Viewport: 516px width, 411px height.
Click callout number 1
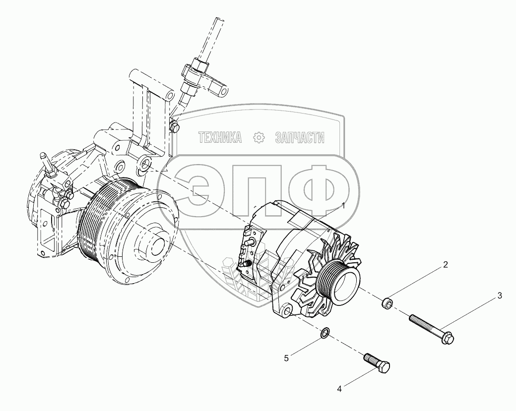click(x=343, y=206)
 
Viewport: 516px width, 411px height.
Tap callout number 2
click(x=445, y=265)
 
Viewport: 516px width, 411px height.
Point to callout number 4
click(x=339, y=389)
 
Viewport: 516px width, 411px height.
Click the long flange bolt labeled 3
click(x=432, y=330)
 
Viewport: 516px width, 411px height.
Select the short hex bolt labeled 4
click(x=377, y=363)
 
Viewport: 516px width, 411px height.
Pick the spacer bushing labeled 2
click(x=387, y=303)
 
